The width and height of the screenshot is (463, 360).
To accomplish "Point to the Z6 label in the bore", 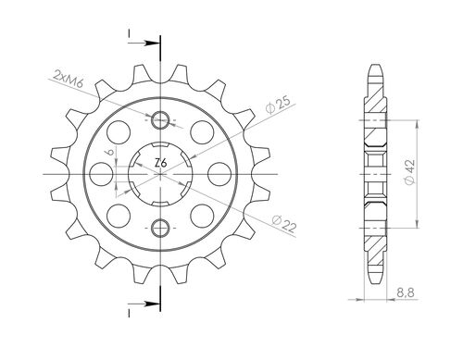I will pyautogui.click(x=160, y=165).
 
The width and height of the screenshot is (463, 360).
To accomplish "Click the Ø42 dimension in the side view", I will pyautogui.click(x=432, y=170).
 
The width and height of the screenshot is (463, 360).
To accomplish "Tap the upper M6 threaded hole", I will pyautogui.click(x=160, y=118).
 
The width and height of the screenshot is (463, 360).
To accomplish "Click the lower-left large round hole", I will pyautogui.click(x=119, y=215).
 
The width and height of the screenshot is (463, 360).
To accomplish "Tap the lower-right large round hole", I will pyautogui.click(x=202, y=215).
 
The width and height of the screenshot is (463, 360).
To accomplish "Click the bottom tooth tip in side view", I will pyautogui.click(x=374, y=281).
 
